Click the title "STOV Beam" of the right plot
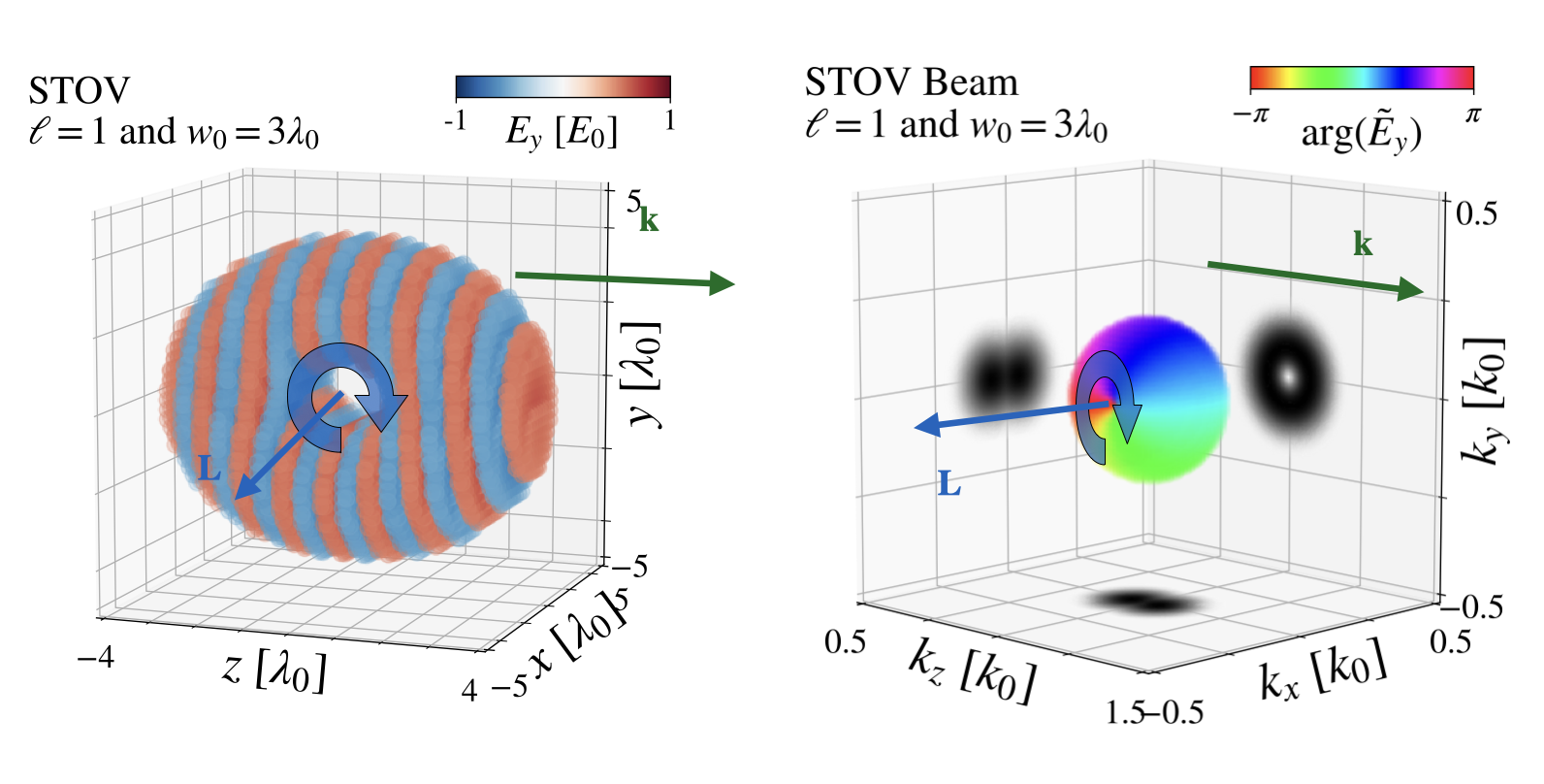tap(911, 83)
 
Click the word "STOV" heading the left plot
tap(79, 91)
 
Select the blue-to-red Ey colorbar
tap(563, 87)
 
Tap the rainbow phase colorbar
tap(1361, 79)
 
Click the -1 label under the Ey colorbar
tap(455, 121)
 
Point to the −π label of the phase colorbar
tap(1250, 115)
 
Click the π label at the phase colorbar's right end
tap(1472, 115)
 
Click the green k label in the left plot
tap(649, 220)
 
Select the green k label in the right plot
tap(1363, 245)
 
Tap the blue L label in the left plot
tap(209, 471)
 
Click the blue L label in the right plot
tap(949, 484)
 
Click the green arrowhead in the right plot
tap(1412, 289)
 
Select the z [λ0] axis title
tap(274, 671)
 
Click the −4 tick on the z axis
tap(96, 657)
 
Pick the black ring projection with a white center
tap(1288, 375)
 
